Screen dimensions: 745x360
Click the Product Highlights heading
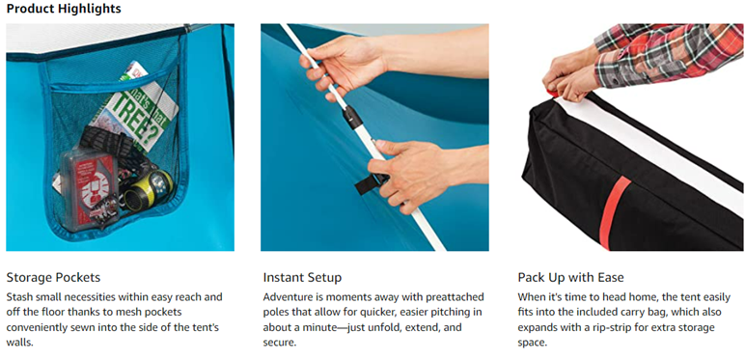coord(64,9)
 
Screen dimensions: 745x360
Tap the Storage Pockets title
coord(53,277)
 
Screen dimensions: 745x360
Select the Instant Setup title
coord(302,277)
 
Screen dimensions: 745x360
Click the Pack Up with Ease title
coord(570,277)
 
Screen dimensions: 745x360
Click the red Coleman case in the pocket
coord(89,190)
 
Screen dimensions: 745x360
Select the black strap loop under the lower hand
coord(368,185)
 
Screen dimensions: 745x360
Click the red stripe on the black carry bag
coord(613,212)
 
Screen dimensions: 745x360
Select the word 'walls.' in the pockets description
coord(20,343)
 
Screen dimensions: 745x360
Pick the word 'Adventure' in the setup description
coord(287,297)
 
